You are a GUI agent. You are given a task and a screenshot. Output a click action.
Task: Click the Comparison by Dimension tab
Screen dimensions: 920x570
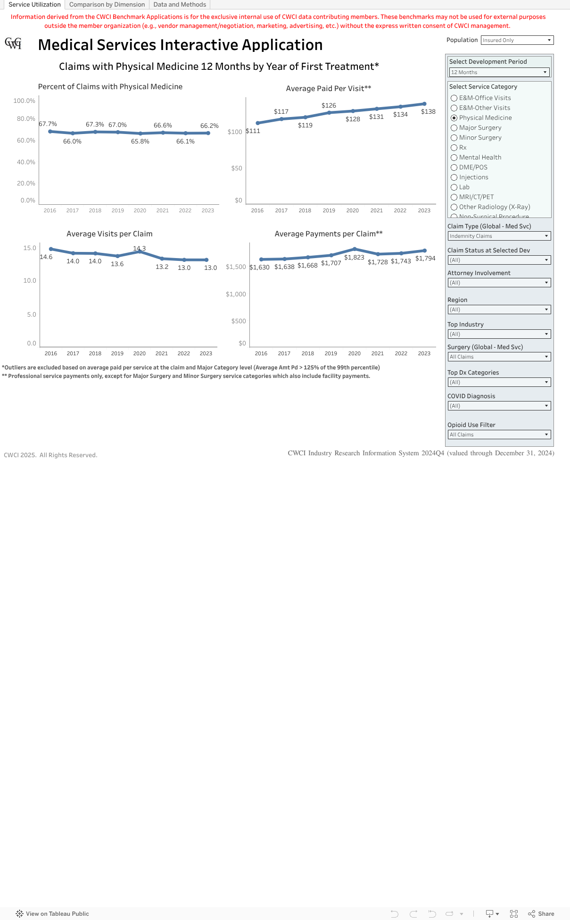coord(107,5)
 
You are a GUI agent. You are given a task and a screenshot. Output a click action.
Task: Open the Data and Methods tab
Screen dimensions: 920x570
coord(180,5)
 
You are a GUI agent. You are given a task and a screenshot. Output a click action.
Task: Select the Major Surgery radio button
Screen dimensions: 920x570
coord(454,128)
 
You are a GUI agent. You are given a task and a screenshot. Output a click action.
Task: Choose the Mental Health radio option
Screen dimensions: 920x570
coord(454,158)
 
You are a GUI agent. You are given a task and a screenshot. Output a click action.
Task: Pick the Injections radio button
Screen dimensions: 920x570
coord(454,177)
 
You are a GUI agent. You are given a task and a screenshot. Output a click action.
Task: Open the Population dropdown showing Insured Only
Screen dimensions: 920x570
coord(517,40)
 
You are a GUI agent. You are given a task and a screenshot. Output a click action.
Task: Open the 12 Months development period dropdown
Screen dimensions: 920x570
coord(499,72)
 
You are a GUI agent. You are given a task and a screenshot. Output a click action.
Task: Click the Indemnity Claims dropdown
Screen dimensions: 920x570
coord(499,236)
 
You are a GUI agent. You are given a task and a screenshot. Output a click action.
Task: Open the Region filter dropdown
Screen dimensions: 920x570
coord(499,309)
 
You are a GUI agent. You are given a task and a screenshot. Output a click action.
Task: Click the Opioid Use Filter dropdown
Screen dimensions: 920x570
coord(499,435)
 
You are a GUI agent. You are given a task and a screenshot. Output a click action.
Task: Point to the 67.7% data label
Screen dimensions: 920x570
coord(48,124)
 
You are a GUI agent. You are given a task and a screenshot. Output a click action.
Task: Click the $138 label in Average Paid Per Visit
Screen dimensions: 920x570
coord(428,112)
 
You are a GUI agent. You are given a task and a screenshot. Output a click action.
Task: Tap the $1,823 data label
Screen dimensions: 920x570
coord(354,258)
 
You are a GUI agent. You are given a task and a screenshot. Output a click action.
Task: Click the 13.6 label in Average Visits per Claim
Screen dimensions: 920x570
coord(117,264)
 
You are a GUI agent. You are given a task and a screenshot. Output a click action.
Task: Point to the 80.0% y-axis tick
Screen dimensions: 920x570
coord(26,119)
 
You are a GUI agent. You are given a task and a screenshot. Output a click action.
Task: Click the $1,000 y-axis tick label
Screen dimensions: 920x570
coord(236,294)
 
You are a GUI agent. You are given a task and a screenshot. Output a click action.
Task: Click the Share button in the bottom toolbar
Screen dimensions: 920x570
coord(541,914)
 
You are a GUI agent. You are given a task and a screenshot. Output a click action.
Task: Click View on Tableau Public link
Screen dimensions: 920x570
coord(52,914)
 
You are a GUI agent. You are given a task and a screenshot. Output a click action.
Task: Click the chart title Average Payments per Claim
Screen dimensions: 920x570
coord(328,234)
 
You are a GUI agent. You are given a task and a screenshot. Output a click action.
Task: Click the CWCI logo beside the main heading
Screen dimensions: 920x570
coord(13,43)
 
